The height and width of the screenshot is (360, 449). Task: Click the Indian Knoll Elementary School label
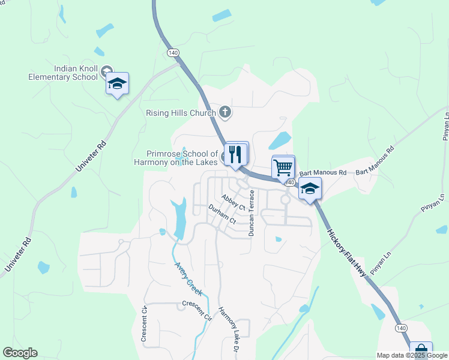tap(63, 73)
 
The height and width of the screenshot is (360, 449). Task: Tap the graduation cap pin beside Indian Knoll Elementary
tap(117, 85)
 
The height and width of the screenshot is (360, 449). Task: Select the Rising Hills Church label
tap(181, 112)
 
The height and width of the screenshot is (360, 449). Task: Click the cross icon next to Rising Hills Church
tap(225, 112)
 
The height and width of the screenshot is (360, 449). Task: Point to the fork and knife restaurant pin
tap(236, 154)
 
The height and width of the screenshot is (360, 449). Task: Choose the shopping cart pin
tap(283, 167)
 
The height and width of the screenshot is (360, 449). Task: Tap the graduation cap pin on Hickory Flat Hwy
tap(310, 189)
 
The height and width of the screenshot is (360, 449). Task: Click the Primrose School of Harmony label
tap(182, 158)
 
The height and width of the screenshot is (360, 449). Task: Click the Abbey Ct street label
tap(233, 202)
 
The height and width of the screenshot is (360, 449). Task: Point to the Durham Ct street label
tap(222, 214)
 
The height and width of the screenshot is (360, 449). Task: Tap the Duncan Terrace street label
tap(252, 212)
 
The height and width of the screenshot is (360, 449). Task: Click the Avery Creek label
tap(188, 278)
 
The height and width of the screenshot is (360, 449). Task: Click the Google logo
tap(20, 353)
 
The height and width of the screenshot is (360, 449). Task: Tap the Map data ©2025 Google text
tap(412, 355)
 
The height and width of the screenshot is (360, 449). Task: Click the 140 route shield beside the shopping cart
tap(290, 182)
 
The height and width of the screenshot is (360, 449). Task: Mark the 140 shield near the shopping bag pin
tap(401, 328)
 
